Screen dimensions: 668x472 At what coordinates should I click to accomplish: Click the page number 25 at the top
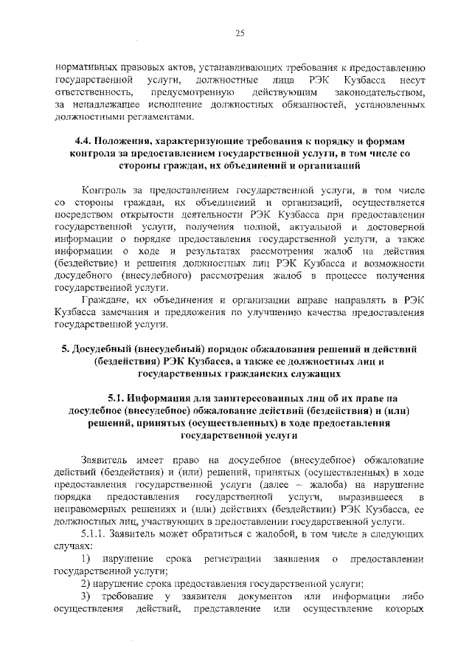(240, 32)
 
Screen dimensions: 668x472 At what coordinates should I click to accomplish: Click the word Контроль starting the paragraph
(107, 190)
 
